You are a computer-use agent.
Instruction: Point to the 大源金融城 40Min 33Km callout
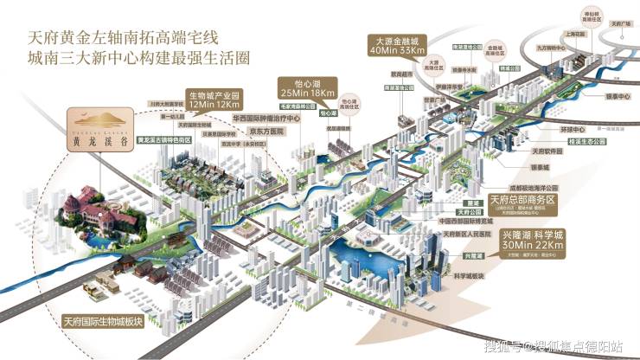coord(395,45)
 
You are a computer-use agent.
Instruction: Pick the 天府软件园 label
coord(547,154)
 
